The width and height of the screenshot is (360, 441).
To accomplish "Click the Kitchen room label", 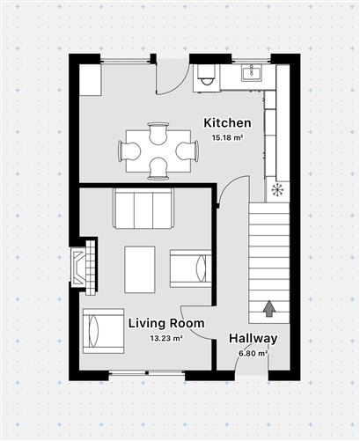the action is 227,123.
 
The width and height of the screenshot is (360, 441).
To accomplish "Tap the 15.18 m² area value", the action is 228,137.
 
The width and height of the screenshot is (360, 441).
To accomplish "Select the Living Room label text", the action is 166,323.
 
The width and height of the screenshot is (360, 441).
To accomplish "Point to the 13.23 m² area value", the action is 166,338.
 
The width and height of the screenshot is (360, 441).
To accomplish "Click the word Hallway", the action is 253,338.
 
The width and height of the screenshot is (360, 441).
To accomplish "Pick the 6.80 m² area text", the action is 253,353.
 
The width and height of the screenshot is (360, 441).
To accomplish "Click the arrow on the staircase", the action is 269,309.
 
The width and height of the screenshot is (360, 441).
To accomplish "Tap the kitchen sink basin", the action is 252,73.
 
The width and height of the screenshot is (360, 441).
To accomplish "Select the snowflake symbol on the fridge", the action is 277,190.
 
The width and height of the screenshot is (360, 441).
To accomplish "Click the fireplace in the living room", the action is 83,268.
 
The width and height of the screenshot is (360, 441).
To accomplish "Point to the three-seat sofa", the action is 143,208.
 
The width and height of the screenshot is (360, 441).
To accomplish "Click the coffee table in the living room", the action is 140,269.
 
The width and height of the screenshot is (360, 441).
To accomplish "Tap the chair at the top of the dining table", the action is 158,133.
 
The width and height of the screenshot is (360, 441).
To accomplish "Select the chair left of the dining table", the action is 129,151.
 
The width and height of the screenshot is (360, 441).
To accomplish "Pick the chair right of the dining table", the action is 187,151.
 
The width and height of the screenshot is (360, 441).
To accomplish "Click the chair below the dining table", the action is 158,168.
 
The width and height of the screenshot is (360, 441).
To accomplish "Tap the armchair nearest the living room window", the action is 103,331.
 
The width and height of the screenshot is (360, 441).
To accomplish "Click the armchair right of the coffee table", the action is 191,268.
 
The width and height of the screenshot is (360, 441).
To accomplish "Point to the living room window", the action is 147,373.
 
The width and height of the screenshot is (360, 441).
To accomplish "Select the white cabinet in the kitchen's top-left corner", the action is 91,80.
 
